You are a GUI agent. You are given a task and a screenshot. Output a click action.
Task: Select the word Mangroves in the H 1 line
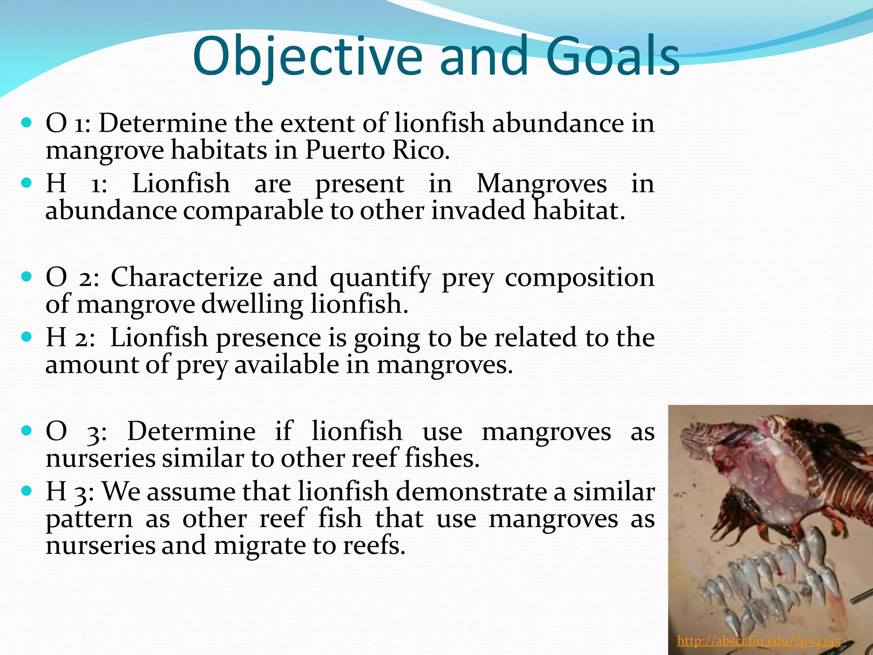[541, 184]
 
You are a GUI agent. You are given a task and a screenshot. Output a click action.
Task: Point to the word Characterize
[186, 277]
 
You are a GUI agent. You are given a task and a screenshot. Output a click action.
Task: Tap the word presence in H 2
[269, 338]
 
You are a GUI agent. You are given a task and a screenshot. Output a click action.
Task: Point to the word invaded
[478, 210]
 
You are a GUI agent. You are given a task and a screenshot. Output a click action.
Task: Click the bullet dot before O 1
[26, 123]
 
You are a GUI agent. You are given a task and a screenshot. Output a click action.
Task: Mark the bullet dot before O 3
[26, 431]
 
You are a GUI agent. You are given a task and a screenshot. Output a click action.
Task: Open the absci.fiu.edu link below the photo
[758, 641]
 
